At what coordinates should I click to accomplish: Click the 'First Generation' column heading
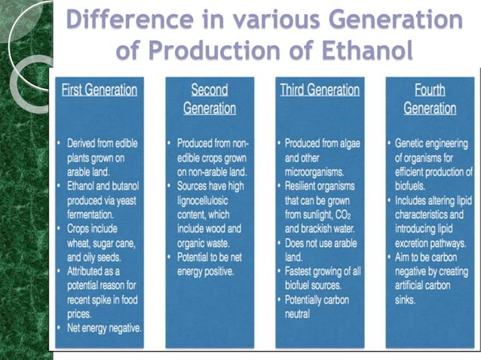pyautogui.click(x=101, y=90)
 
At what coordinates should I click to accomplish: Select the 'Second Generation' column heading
pyautogui.click(x=209, y=99)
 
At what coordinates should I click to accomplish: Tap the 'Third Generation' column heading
pyautogui.click(x=320, y=90)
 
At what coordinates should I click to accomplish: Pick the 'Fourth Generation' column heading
pyautogui.click(x=430, y=99)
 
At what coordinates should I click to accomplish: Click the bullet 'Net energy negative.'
pyautogui.click(x=104, y=328)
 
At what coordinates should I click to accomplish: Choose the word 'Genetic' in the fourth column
pyautogui.click(x=415, y=142)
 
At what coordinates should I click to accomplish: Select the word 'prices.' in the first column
pyautogui.click(x=81, y=313)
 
